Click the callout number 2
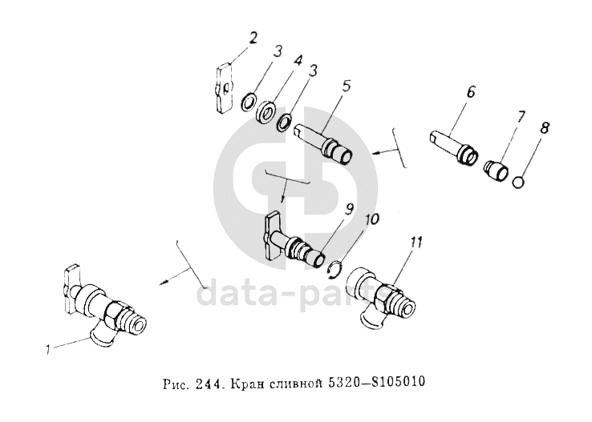pos(253,38)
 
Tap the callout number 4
pos(298,62)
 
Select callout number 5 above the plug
pos(346,86)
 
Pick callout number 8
pos(544,128)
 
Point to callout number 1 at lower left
pos(48,351)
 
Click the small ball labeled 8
pos(518,183)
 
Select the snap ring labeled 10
pos(335,271)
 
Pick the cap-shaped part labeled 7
pos(496,171)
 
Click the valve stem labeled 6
pos(454,147)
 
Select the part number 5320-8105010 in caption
pos(375,382)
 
